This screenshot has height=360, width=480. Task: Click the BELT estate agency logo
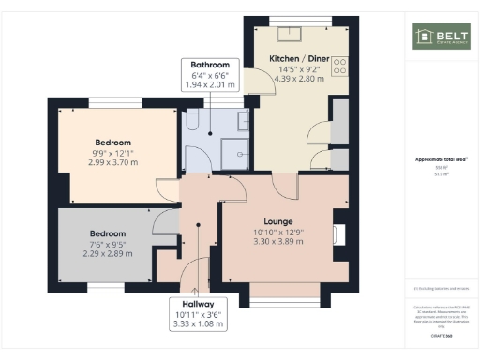tap(441, 37)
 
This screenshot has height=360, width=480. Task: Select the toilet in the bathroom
tap(190, 120)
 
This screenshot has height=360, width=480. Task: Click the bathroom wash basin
tap(243, 120)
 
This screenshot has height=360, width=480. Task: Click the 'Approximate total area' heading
tap(440, 159)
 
